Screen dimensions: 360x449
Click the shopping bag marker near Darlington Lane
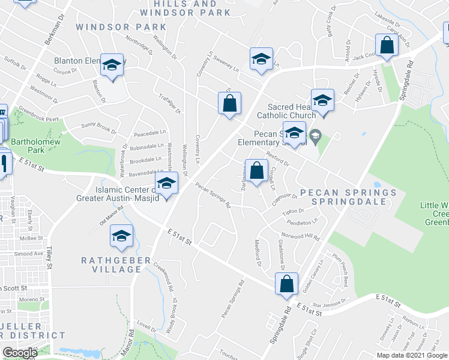point(256,170)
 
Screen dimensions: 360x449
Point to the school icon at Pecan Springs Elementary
point(294,133)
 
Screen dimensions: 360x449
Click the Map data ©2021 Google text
point(412,355)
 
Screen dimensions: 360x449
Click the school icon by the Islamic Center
point(166,184)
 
